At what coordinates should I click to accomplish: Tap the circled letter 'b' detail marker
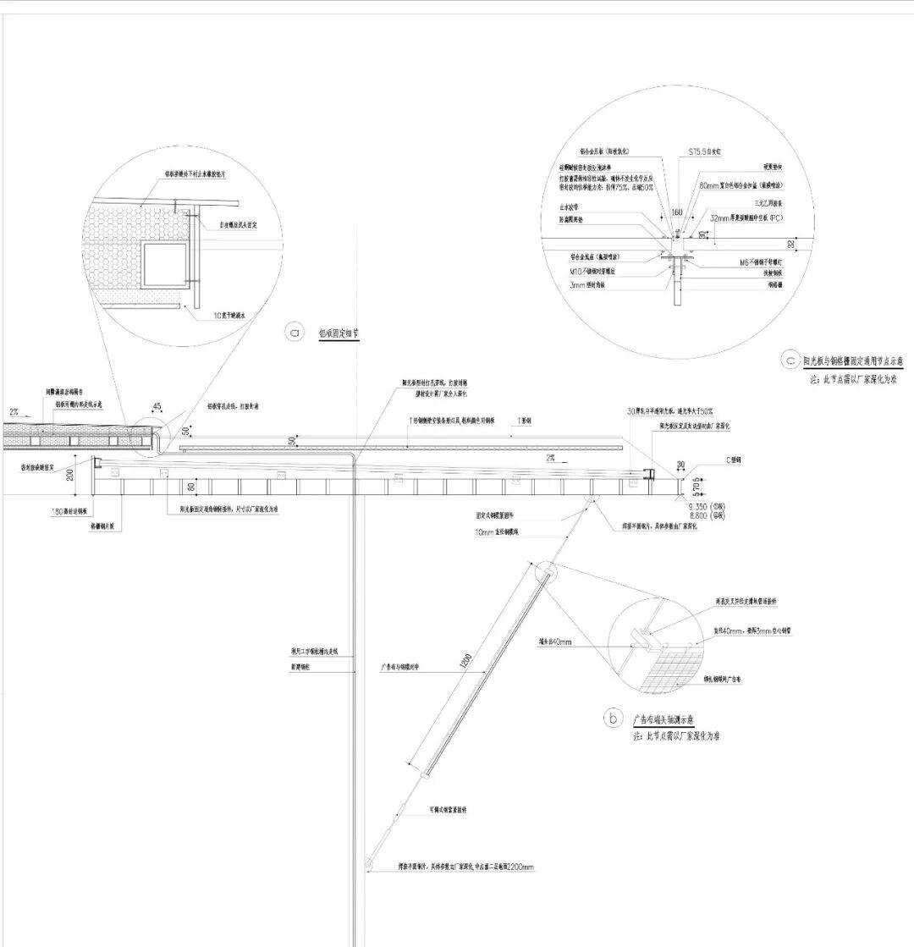coord(613,719)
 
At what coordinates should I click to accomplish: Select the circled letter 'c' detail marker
coord(790,361)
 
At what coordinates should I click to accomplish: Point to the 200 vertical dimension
coord(71,474)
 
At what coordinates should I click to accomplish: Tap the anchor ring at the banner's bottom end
coord(369,862)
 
